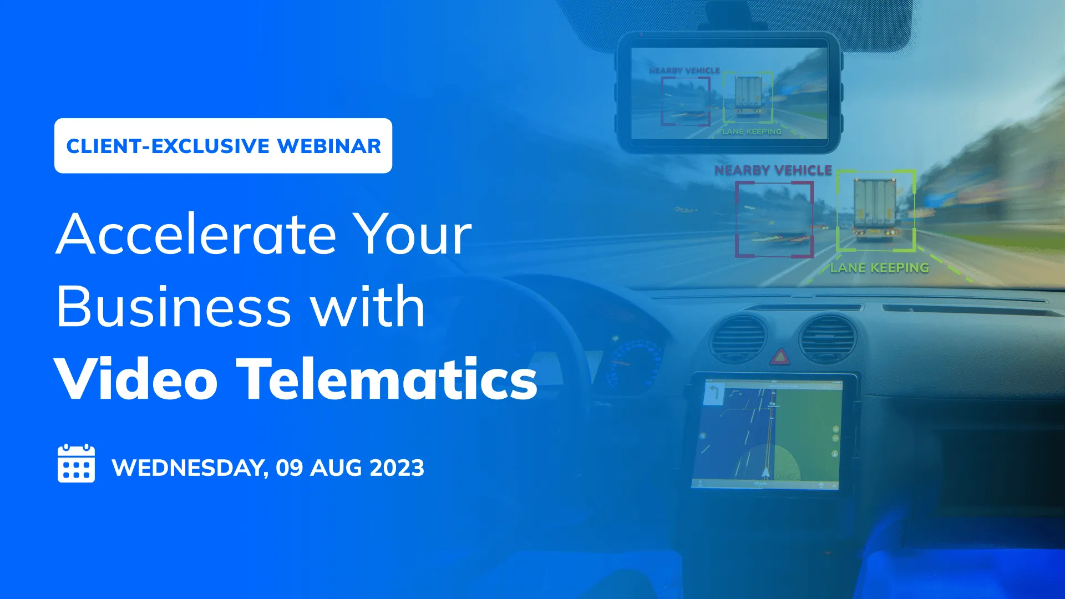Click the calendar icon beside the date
coord(76,464)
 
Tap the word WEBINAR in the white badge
coord(329,146)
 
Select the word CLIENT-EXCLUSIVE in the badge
coord(168,146)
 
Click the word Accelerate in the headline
coord(196,235)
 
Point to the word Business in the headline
coord(174,307)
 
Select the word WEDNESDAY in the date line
coord(189,468)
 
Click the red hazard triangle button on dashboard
coord(780,357)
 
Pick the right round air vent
coord(828,338)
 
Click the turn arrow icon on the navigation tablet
coord(714,394)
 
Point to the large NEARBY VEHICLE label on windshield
coord(773,170)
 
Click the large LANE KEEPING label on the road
coord(879,268)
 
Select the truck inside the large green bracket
coord(875,208)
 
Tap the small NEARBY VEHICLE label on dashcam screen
coord(684,70)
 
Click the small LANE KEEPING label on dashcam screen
coord(752,131)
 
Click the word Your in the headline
coord(413,235)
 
